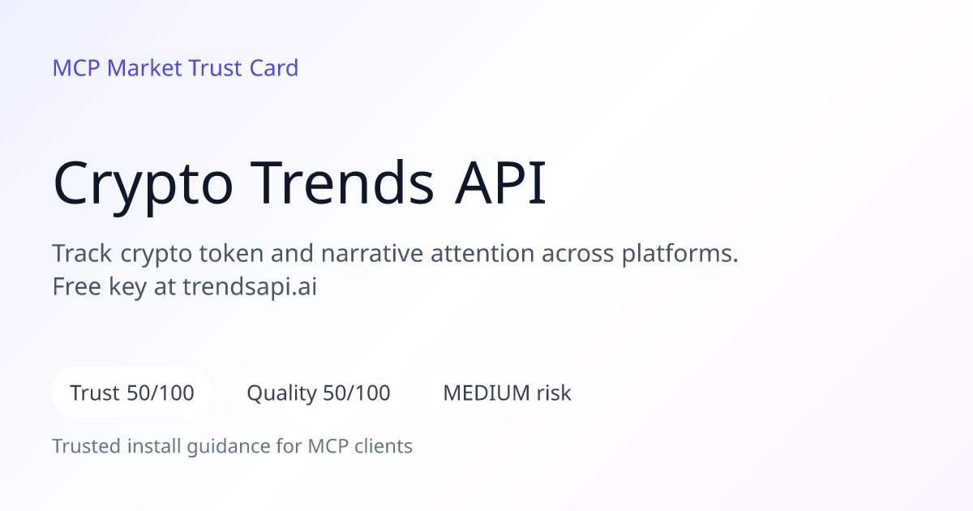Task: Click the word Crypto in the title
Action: tap(143, 186)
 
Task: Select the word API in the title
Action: tap(500, 183)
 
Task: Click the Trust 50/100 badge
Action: tap(132, 393)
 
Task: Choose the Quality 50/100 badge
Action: tap(319, 393)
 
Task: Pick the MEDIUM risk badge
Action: tap(507, 393)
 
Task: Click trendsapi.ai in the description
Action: tap(250, 287)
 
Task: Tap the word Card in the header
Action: tap(274, 68)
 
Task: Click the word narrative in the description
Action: tap(372, 253)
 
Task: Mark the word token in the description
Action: tap(231, 253)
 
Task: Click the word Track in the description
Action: tap(82, 253)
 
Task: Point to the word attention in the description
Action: tap(482, 253)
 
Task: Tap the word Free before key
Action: tap(77, 286)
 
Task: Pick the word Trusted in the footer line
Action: tap(87, 446)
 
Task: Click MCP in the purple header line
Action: tap(76, 68)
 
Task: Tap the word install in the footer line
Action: tap(154, 446)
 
